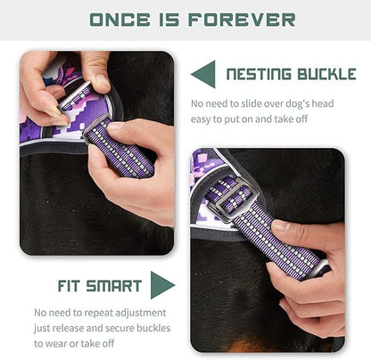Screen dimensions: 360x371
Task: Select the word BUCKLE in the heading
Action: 327,74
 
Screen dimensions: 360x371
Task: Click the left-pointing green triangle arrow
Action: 203,74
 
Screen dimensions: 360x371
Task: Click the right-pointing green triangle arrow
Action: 162,285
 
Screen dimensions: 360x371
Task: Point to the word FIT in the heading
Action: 51,286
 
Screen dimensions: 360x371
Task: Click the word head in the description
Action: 318,104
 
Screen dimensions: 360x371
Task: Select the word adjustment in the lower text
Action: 137,313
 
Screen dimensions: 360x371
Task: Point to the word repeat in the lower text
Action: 95,313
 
